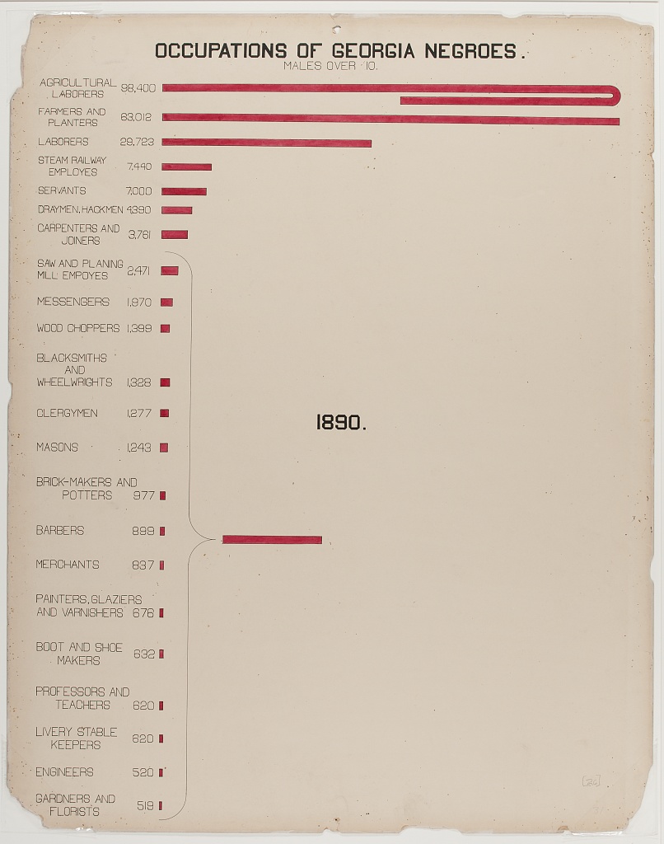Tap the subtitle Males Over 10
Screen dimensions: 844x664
click(x=330, y=67)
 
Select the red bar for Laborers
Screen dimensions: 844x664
click(x=266, y=143)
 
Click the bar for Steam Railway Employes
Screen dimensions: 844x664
click(x=186, y=166)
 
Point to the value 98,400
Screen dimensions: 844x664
click(x=138, y=87)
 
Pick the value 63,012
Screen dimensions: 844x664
click(x=137, y=117)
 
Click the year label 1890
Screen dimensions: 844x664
click(x=341, y=423)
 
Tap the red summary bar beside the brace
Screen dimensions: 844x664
click(x=272, y=540)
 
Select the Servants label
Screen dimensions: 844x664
click(x=62, y=190)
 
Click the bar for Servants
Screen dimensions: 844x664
click(x=184, y=191)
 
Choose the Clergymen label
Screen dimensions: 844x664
click(x=67, y=413)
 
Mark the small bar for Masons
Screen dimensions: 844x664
click(x=164, y=448)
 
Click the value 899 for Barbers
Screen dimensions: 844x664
click(x=143, y=531)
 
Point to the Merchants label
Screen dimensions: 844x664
click(x=68, y=565)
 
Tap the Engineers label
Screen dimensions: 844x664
click(x=64, y=772)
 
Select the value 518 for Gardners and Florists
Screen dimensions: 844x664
click(x=145, y=805)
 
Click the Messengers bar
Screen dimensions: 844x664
click(x=166, y=302)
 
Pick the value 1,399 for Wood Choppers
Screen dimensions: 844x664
click(x=139, y=328)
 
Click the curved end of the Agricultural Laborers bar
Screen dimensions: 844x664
click(x=614, y=95)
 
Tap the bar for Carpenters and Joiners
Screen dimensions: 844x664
click(x=175, y=235)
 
